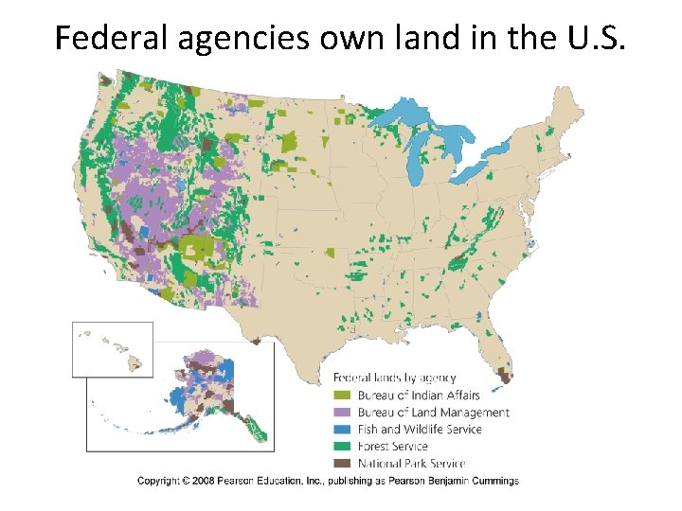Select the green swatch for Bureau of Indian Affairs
[x=342, y=396]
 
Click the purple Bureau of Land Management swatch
[x=342, y=413]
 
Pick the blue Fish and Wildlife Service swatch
[x=342, y=430]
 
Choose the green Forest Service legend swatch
[x=342, y=447]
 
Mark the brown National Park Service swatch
[x=342, y=464]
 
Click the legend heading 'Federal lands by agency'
[x=395, y=378]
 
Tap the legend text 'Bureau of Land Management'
[x=433, y=413]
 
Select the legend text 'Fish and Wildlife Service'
[x=419, y=430]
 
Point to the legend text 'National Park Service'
[x=411, y=464]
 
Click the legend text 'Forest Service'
[x=392, y=447]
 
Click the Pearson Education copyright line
[x=328, y=481]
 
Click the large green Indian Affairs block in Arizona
[x=197, y=250]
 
